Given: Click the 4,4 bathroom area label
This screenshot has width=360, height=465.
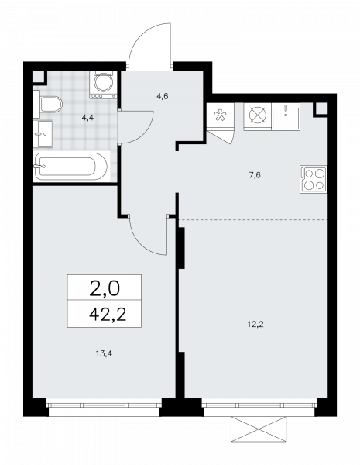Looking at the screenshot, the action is pyautogui.click(x=88, y=118).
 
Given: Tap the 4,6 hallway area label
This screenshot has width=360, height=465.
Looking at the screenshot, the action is pyautogui.click(x=163, y=96).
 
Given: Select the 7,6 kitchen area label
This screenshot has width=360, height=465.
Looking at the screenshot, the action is pyautogui.click(x=255, y=175).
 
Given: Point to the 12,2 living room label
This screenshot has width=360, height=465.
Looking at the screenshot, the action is pyautogui.click(x=255, y=324).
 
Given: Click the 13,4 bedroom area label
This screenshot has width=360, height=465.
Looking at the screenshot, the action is pyautogui.click(x=104, y=353).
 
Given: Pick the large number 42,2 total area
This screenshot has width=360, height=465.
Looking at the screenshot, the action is pyautogui.click(x=108, y=315).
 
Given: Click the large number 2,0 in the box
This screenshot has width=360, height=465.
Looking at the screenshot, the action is pyautogui.click(x=105, y=289).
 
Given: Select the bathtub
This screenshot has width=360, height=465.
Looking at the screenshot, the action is pyautogui.click(x=70, y=166).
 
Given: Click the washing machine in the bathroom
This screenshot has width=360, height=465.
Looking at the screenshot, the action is pyautogui.click(x=103, y=84).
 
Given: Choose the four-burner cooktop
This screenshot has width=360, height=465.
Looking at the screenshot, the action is pyautogui.click(x=314, y=179).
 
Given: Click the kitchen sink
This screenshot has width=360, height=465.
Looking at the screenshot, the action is pyautogui.click(x=286, y=116).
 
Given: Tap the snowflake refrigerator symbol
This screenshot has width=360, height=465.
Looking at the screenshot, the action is pyautogui.click(x=220, y=115).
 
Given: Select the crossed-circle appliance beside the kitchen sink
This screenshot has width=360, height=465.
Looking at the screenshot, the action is pyautogui.click(x=258, y=115).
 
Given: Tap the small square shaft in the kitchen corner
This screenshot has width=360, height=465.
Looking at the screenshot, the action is pyautogui.click(x=321, y=109).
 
